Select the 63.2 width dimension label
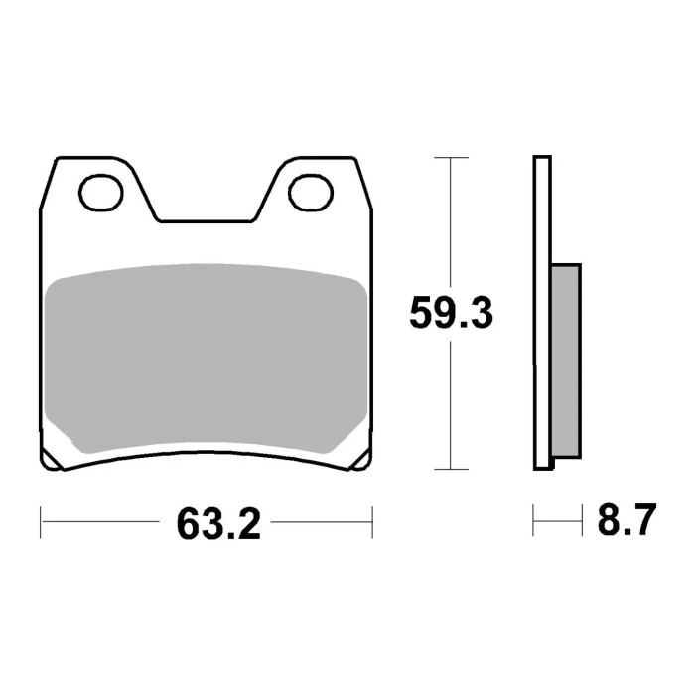(x=219, y=522)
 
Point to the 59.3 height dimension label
(x=452, y=314)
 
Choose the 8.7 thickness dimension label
(x=626, y=520)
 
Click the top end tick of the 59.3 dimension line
(x=452, y=157)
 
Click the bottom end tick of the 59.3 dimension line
(x=452, y=469)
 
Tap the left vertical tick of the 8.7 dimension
(x=534, y=520)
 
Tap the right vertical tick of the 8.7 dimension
(x=579, y=520)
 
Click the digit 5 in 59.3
(x=423, y=314)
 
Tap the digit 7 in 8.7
(x=641, y=520)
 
